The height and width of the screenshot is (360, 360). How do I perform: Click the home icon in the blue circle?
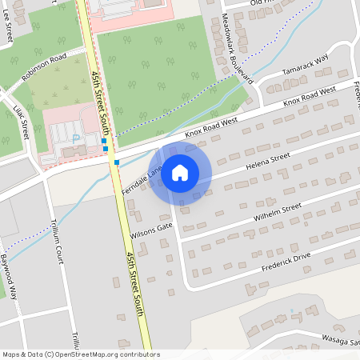pos(180,172)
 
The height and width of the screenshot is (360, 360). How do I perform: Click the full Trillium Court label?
pos(57,244)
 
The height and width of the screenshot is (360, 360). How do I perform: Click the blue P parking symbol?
pos(77,138)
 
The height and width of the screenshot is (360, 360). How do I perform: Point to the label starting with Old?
pos(263,3)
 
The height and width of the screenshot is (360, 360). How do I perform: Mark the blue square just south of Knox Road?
pos(117,162)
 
